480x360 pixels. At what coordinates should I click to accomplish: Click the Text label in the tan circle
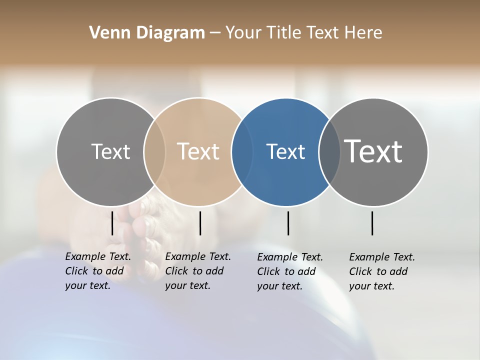198,151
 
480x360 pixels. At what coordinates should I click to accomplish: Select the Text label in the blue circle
285,151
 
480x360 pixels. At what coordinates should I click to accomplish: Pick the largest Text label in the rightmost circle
373,151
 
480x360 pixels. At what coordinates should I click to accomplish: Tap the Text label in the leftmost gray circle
110,151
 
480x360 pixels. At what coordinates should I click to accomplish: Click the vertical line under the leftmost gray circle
112,223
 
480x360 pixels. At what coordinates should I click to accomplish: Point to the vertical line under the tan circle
200,223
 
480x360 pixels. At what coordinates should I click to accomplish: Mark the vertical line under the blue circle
288,223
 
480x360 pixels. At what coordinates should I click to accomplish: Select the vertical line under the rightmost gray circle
372,223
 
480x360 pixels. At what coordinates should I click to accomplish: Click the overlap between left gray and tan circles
154,152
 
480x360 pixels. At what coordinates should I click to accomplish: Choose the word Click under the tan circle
176,271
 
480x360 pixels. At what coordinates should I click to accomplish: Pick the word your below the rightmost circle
359,286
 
